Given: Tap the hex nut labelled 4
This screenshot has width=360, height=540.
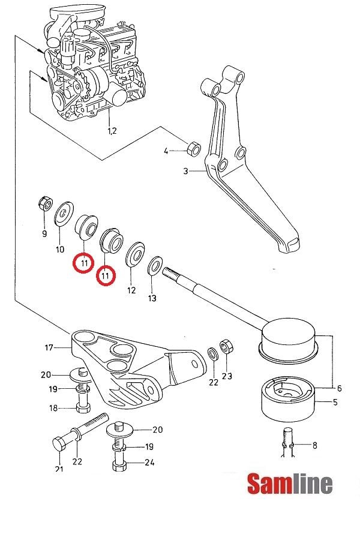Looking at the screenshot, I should (194, 148).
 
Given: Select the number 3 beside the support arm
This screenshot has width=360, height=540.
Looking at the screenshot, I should (186, 171).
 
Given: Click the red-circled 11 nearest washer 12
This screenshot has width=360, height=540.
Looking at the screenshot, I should (106, 275).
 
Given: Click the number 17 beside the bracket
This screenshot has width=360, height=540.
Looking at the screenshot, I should (49, 347).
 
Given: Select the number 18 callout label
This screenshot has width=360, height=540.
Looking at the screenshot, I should (53, 408).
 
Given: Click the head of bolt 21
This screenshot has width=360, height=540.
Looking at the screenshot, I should (59, 446).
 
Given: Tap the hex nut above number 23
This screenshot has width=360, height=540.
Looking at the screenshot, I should (227, 346).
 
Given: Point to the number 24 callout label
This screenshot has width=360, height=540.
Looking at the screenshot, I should (149, 462).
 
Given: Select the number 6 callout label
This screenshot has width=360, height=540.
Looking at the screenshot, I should (339, 388).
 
